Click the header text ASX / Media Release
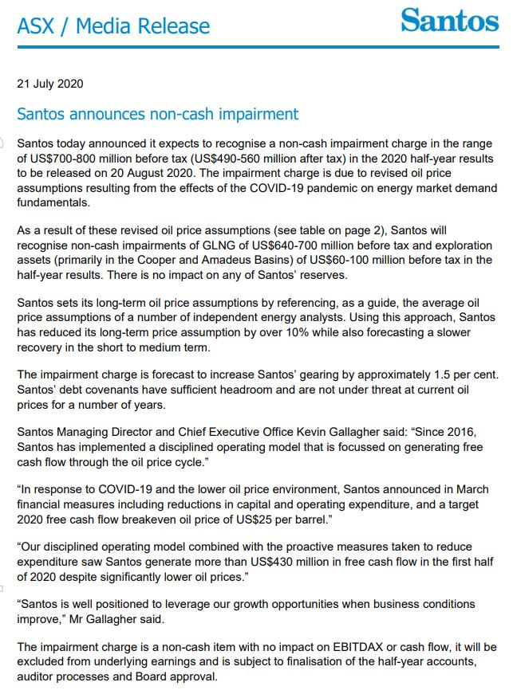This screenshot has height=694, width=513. tap(113, 26)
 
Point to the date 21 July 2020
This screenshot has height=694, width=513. tap(49, 84)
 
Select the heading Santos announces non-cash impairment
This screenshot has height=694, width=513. tap(158, 114)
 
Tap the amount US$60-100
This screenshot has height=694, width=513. tap(303, 261)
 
